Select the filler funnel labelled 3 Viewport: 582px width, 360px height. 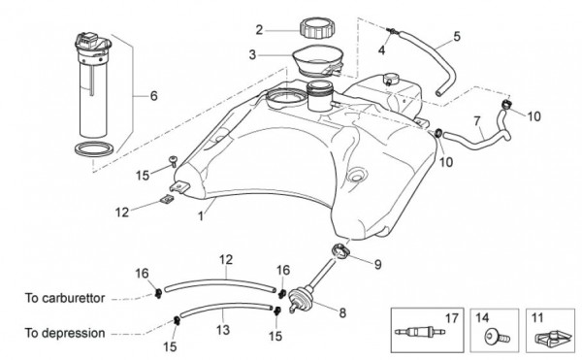316,60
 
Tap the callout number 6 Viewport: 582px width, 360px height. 153,96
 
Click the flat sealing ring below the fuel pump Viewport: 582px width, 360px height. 93,148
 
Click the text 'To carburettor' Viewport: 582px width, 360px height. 65,298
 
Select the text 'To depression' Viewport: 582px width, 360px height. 65,333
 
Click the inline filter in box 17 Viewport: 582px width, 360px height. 420,331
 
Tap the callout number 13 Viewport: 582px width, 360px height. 223,330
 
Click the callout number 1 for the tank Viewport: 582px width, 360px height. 201,216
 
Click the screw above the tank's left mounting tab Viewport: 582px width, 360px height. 173,161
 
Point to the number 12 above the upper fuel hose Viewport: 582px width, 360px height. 226,259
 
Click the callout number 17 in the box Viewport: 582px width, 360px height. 452,318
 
